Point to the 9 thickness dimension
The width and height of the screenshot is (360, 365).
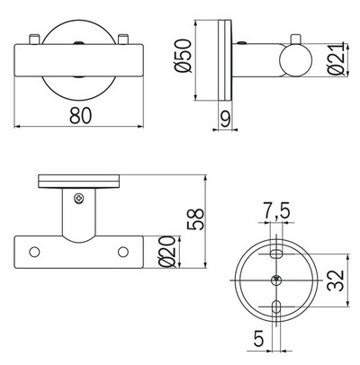point(225,118)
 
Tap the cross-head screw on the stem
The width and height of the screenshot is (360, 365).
point(79,200)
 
